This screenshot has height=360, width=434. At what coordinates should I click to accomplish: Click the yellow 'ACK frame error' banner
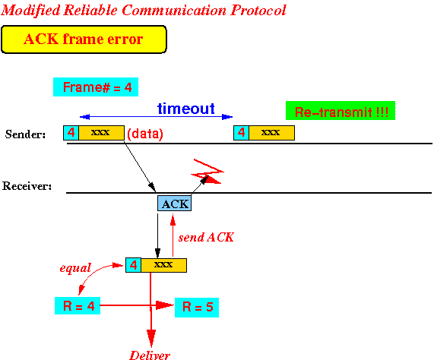pos(84,39)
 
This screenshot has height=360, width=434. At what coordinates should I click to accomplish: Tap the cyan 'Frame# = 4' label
pos(96,87)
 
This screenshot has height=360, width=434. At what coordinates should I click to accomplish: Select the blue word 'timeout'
pos(186,109)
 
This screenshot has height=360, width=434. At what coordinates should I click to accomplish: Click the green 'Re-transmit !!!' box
pos(341,111)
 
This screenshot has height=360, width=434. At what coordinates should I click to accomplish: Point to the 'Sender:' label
pos(25,134)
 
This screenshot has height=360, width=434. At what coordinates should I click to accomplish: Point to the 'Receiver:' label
pos(27,186)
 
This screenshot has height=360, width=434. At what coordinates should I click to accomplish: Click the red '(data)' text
pos(145,134)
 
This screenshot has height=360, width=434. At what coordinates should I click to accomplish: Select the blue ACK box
pos(174,204)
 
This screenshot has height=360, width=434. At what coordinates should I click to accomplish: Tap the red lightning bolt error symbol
pos(207,172)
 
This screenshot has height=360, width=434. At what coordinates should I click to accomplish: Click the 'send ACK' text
pos(206,237)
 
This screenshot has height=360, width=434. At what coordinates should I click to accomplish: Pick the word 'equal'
pos(75,268)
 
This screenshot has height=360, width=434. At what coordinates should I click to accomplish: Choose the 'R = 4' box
pos(78,306)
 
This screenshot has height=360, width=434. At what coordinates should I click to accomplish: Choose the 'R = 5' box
pos(197,307)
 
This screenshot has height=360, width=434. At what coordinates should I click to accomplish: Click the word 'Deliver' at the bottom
pos(150,355)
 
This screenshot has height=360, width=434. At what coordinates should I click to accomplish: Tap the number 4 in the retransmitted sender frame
pos(242,133)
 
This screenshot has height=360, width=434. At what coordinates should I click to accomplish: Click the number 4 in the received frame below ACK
pos(134,265)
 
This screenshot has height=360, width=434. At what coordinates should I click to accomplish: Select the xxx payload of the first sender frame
pos(102,133)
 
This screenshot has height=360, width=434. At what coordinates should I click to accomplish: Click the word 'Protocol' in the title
pos(258,11)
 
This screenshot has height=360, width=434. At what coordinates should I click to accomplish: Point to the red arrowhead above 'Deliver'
pos(151,338)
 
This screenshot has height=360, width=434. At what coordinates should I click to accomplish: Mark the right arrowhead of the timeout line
pos(227,117)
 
